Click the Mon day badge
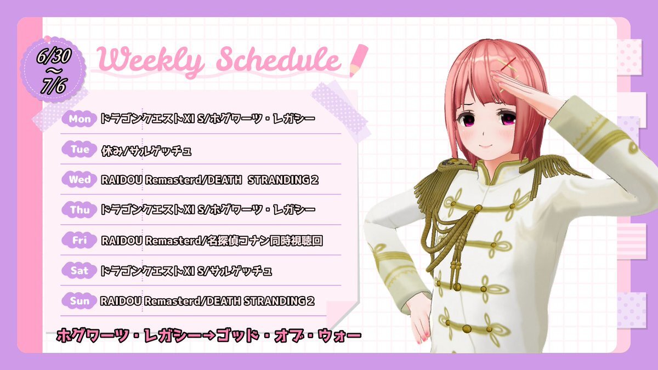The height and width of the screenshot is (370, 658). tap(80, 119)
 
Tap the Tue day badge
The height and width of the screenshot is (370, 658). tap(80, 149)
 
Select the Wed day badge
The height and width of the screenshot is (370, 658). tap(80, 179)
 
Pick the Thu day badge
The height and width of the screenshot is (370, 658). tap(80, 209)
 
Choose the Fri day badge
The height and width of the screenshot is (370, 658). tap(80, 240)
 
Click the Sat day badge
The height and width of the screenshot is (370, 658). tap(80, 270)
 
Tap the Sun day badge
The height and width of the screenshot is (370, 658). tap(80, 301)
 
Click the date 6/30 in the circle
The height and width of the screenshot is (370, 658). tap(54, 55)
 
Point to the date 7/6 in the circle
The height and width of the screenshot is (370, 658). tap(53, 86)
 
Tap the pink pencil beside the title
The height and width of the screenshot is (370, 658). tap(359, 60)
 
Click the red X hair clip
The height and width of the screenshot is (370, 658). tap(509, 63)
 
